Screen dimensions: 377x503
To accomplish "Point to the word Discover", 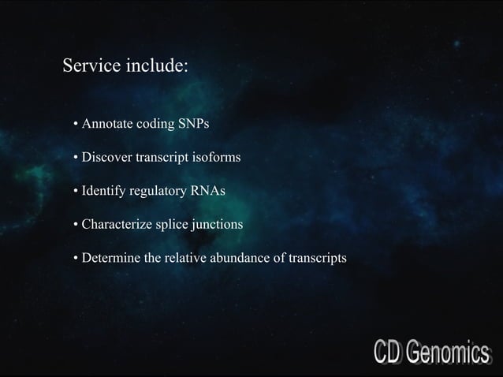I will click(107, 158).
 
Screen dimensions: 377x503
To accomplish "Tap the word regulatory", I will click(156, 192).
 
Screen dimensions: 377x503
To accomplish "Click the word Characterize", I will click(117, 225).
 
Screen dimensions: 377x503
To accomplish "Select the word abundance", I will click(237, 258).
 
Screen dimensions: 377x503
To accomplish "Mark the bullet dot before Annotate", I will click(76, 125).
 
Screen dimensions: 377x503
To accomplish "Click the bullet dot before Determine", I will click(76, 259).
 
